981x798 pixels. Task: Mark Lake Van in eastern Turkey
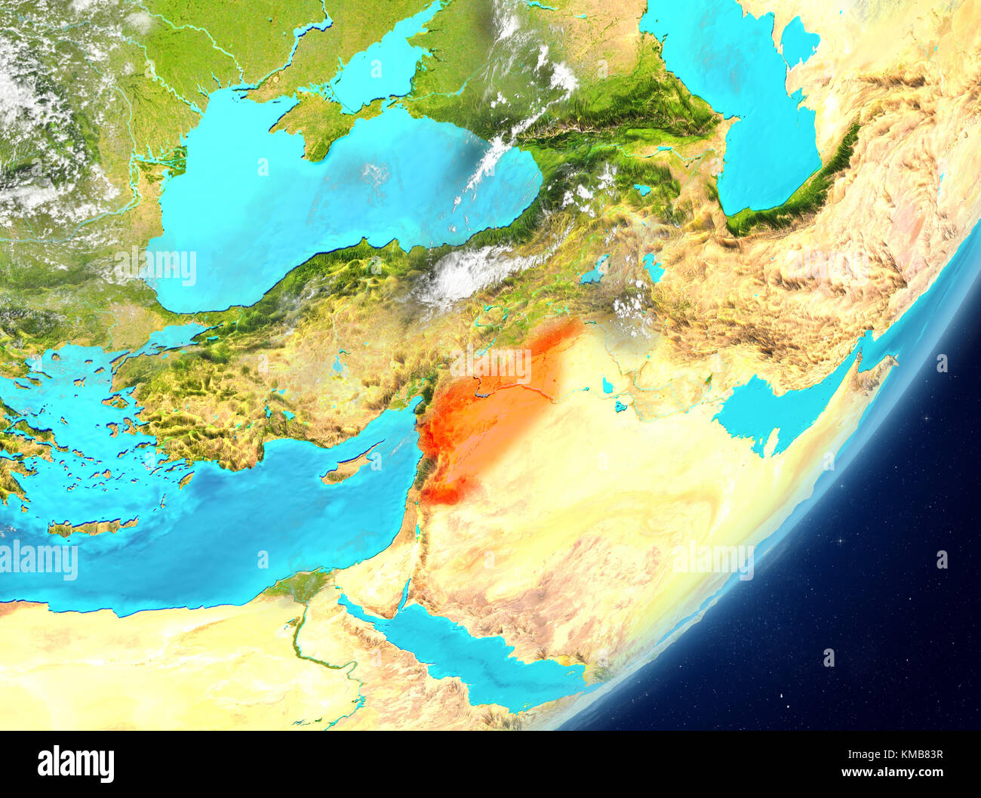tap(595, 270)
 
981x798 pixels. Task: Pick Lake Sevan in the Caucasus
tap(642, 189)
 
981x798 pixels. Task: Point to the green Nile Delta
tap(299, 586)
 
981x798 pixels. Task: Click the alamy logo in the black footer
tap(75, 764)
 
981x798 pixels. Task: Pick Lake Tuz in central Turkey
tap(339, 362)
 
